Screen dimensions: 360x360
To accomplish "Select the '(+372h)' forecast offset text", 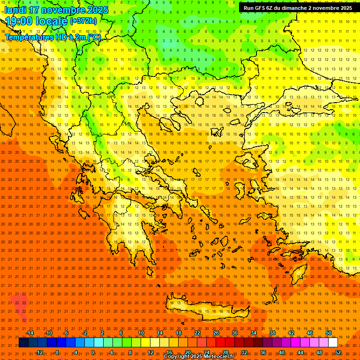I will coord(83,21).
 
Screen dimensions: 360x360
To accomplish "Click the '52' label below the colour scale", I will coord(338,352).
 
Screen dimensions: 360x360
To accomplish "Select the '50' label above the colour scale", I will coord(329,333).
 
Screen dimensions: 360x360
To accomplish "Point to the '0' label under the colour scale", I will coord(92,352).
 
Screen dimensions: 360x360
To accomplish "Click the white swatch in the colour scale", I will coord(333,343).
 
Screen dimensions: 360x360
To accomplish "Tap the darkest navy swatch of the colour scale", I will coord(23,343).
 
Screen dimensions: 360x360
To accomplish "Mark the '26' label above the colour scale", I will coord(216,333).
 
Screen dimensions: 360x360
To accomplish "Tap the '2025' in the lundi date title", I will coord(97,10).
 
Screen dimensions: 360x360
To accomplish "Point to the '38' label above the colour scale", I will coord(272,333).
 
